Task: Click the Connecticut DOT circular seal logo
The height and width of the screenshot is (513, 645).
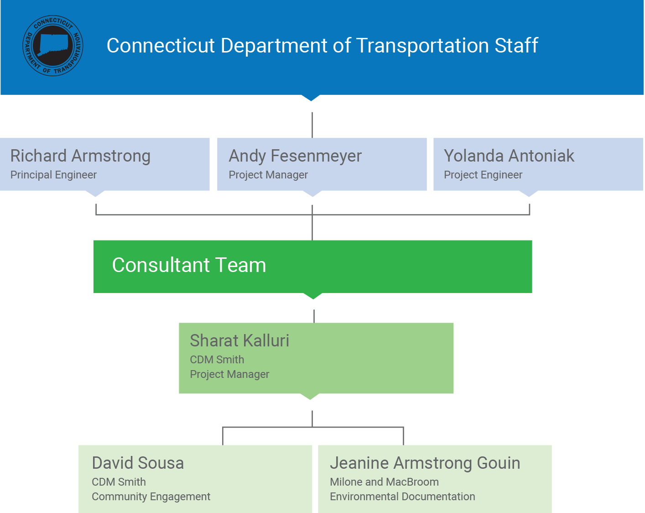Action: point(53,46)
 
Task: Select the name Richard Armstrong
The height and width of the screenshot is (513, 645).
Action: point(80,156)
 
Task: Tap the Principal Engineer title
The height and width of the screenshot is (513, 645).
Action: point(53,175)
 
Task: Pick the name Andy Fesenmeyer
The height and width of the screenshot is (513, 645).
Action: point(295,156)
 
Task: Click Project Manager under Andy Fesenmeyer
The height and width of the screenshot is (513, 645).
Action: point(268,175)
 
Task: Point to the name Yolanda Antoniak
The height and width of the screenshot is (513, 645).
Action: point(509,156)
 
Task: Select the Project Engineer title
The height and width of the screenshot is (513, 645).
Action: point(483,175)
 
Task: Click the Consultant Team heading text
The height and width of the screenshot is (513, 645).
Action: point(189,265)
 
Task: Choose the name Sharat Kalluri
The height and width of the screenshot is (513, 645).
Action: point(239,341)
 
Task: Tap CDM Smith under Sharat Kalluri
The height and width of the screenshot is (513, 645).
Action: point(217,360)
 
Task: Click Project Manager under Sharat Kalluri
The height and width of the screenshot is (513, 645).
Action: point(229,375)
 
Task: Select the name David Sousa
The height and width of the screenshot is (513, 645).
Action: point(138,463)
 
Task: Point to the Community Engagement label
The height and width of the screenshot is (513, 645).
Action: point(151,497)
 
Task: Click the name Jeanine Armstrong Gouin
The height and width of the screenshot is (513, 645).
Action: point(425,463)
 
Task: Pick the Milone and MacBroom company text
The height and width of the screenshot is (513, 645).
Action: point(384,482)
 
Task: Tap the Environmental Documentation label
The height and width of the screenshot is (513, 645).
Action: point(402,497)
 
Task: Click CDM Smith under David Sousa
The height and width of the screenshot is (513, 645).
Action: point(119,482)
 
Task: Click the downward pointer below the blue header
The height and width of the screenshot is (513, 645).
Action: point(311,97)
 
